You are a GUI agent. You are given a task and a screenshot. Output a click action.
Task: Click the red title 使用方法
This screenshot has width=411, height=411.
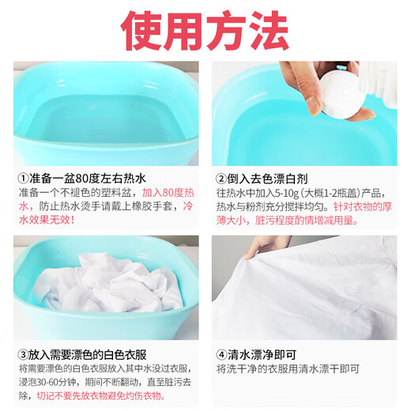(205, 29)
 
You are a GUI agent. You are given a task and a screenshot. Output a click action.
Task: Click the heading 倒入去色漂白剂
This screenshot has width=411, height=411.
(269, 179)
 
